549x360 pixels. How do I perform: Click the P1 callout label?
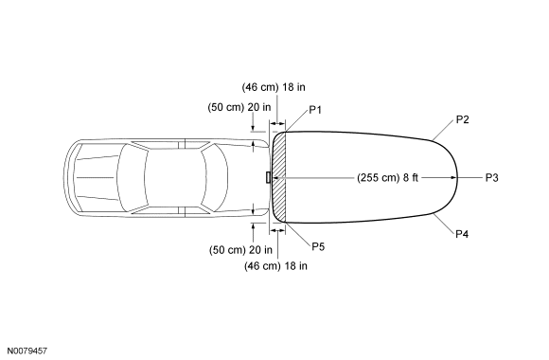(x=315, y=110)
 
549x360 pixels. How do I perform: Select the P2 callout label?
(x=462, y=119)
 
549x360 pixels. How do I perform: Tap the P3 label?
(x=491, y=178)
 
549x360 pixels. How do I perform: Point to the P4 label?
(x=462, y=234)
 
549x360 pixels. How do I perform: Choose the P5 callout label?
(x=318, y=246)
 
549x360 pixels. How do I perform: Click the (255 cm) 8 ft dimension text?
(x=387, y=178)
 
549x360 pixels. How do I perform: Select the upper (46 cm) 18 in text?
(x=274, y=87)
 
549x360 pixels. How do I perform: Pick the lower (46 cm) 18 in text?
(x=275, y=266)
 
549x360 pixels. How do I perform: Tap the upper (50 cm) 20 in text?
(x=239, y=107)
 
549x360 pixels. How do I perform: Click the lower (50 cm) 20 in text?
(x=240, y=250)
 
